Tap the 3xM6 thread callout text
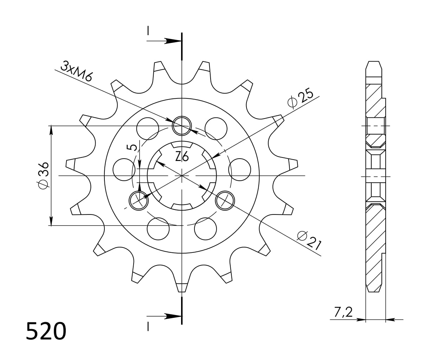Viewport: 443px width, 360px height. coord(76,71)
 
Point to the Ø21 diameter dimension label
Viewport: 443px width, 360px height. coord(309,240)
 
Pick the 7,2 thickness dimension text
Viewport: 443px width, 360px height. coord(343,311)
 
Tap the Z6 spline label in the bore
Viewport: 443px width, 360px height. coord(182,156)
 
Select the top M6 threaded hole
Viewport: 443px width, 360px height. coord(181,125)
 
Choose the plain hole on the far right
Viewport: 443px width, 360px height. coord(239,169)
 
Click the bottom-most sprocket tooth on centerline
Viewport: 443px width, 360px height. coord(182,287)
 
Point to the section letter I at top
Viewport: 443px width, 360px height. coord(148,31)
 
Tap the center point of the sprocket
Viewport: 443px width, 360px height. coord(182,175)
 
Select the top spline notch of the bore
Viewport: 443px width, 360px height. coord(181,145)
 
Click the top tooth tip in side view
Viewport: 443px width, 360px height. coord(373,65)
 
